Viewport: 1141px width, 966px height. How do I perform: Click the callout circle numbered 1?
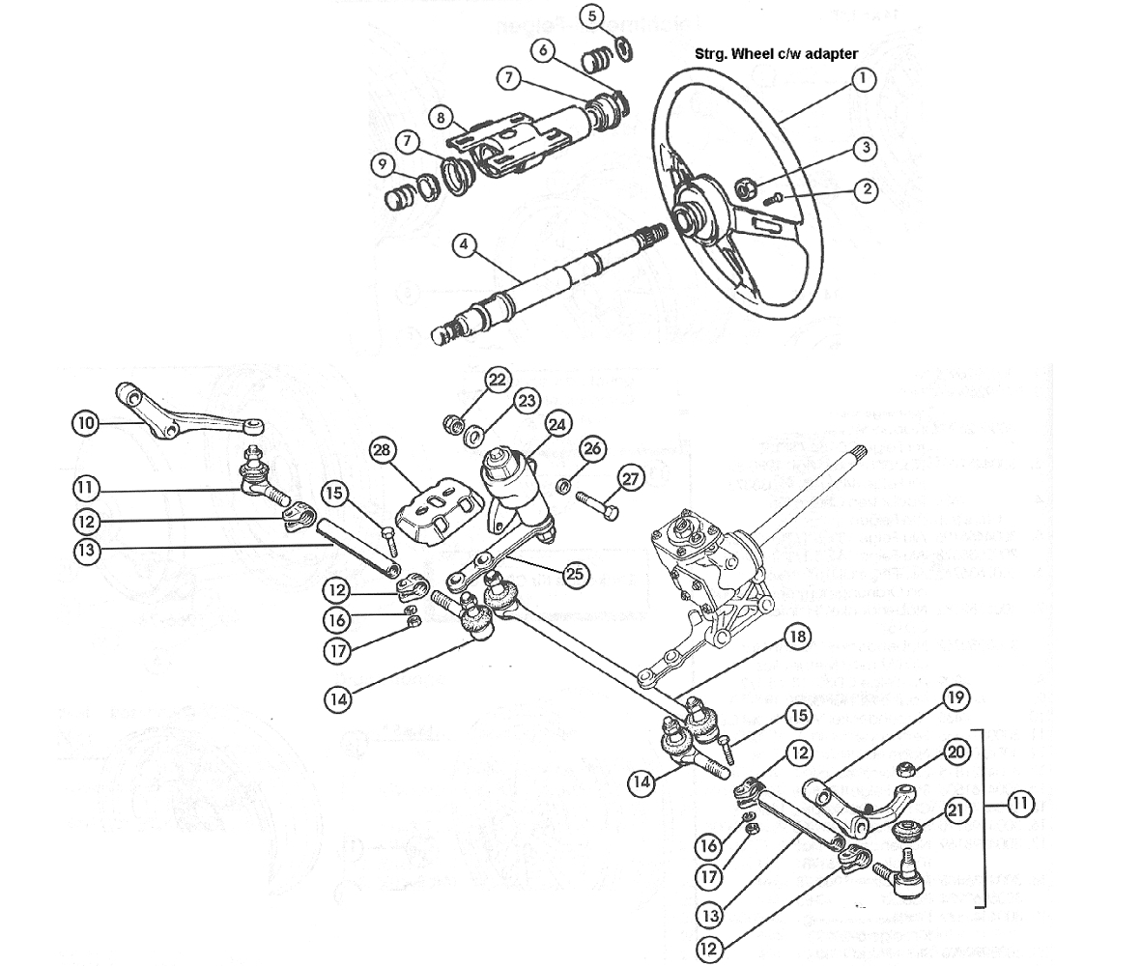tap(863, 81)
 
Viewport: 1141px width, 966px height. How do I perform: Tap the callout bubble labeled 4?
tap(465, 245)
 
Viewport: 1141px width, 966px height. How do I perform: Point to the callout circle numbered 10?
tap(85, 422)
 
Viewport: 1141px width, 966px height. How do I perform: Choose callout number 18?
tap(798, 638)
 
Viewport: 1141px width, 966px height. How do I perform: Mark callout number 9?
tap(384, 165)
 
